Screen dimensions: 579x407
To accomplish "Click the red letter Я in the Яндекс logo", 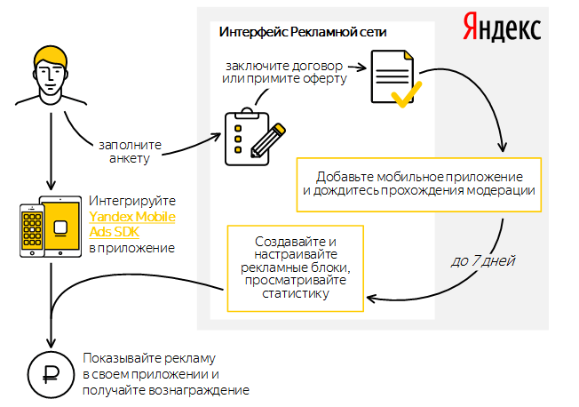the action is [471, 27].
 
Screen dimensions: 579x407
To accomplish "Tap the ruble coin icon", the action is [51, 374].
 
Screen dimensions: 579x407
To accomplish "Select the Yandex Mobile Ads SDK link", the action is [131, 224].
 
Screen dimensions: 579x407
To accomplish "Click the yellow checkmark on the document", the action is [406, 94].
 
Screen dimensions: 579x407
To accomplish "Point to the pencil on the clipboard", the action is [268, 140].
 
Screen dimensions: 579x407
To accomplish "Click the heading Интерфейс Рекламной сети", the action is [303, 32].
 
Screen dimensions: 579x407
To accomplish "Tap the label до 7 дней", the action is [482, 261].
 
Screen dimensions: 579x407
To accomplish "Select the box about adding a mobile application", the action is [419, 185].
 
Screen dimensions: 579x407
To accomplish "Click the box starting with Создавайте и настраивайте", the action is [296, 268].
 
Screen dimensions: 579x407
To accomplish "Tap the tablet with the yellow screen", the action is [60, 227].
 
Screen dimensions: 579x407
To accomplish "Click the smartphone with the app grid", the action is [32, 231].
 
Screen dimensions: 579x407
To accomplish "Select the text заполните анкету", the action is [130, 152].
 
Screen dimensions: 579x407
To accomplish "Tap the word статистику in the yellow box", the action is [296, 294].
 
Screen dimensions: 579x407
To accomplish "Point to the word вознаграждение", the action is [199, 391].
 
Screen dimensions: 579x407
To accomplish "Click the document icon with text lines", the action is [393, 76].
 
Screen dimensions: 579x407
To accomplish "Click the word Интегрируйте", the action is [132, 202].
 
